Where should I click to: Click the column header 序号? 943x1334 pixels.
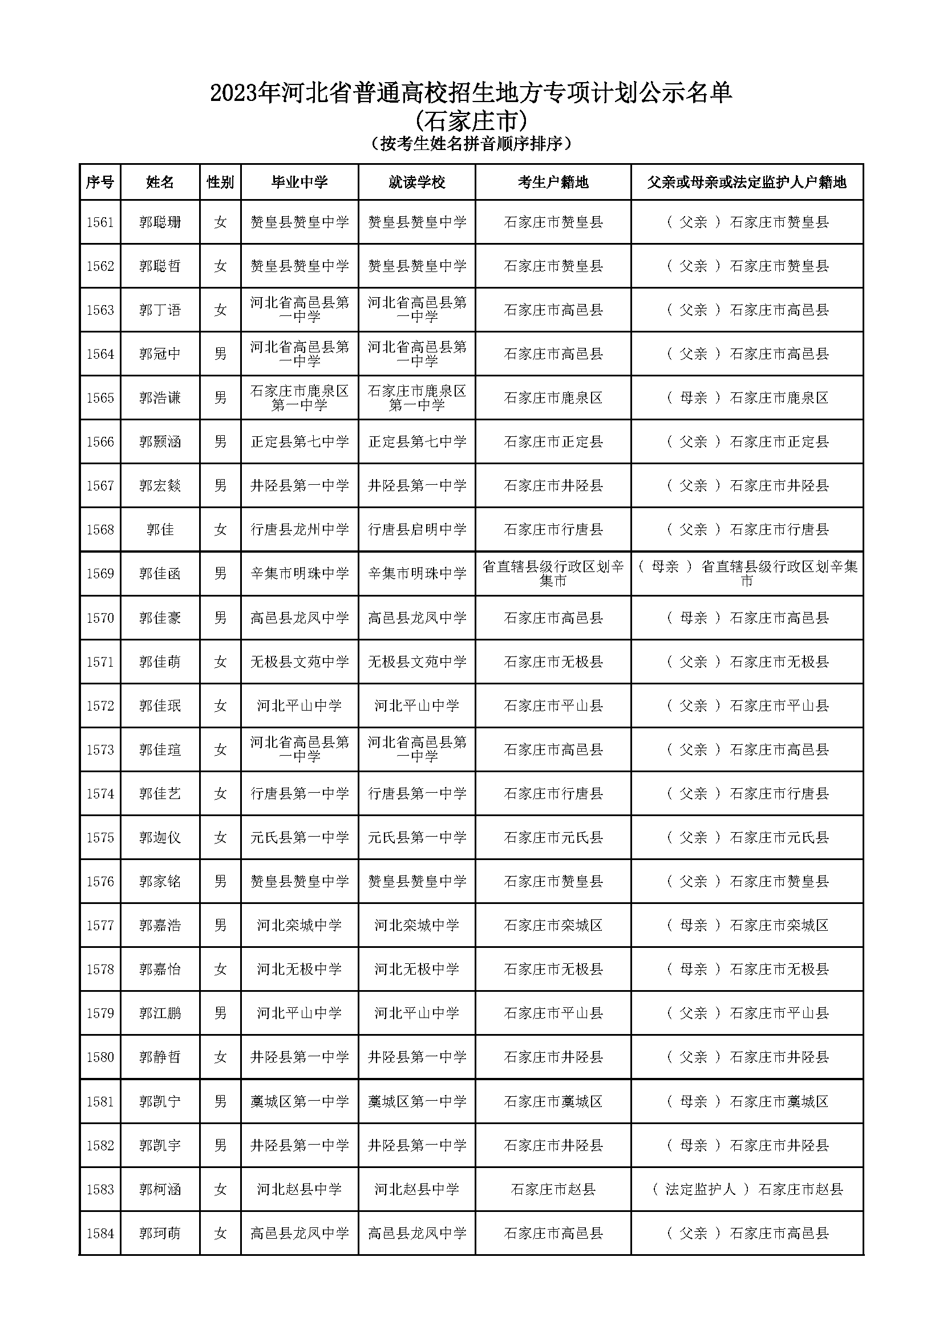tap(100, 183)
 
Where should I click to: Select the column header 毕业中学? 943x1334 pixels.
tap(300, 183)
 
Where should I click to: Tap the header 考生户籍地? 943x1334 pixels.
tap(553, 183)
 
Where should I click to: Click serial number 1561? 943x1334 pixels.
tap(100, 222)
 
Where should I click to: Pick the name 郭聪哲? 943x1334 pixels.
tap(160, 266)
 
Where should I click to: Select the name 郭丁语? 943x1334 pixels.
tap(160, 310)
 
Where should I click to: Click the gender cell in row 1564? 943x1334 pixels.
tap(220, 354)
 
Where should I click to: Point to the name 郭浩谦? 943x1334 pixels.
tap(160, 398)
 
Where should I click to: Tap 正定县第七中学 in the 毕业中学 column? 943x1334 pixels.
tap(300, 441)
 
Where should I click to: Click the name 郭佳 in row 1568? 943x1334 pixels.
tap(160, 529)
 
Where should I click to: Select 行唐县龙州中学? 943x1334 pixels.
tap(300, 529)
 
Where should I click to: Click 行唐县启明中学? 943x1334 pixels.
tap(416, 529)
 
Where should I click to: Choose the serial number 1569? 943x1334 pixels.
tap(100, 573)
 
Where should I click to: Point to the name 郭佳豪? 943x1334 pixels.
tap(160, 618)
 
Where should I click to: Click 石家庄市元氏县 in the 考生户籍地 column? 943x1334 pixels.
tap(553, 837)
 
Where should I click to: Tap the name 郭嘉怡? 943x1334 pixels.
tap(160, 969)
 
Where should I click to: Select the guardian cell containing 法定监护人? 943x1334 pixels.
tap(747, 1189)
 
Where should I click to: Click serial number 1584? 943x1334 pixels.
tap(100, 1233)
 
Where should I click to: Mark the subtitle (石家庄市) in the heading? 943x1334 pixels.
tap(471, 121)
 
